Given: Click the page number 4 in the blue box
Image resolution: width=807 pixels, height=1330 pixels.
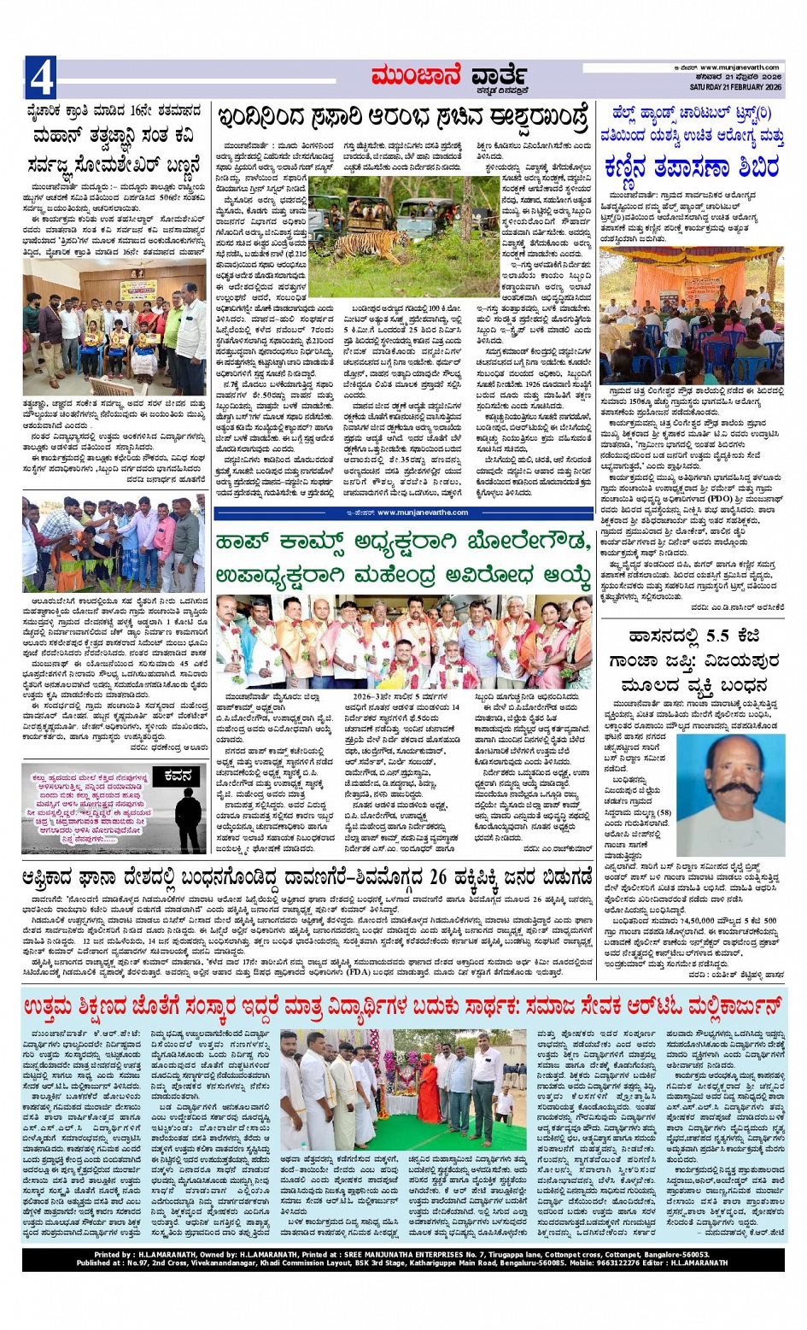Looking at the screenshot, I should tap(41, 79).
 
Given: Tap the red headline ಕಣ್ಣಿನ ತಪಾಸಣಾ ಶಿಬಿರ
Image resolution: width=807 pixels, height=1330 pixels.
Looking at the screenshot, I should tap(693, 167).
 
